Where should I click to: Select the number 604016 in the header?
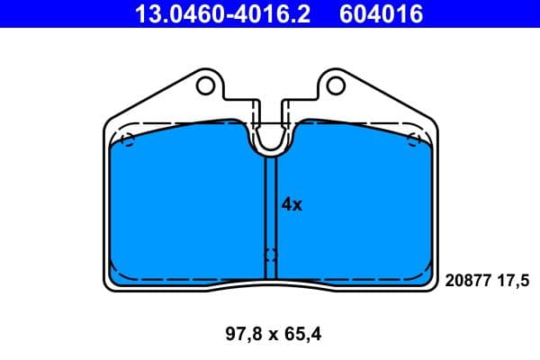click(x=379, y=13)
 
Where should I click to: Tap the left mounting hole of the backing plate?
click(x=206, y=85)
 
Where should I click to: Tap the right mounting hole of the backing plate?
click(x=335, y=85)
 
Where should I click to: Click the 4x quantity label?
click(x=292, y=204)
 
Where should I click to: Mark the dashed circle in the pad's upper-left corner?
click(x=127, y=140)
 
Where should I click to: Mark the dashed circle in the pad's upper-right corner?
click(x=415, y=139)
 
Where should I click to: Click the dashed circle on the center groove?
click(x=271, y=256)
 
